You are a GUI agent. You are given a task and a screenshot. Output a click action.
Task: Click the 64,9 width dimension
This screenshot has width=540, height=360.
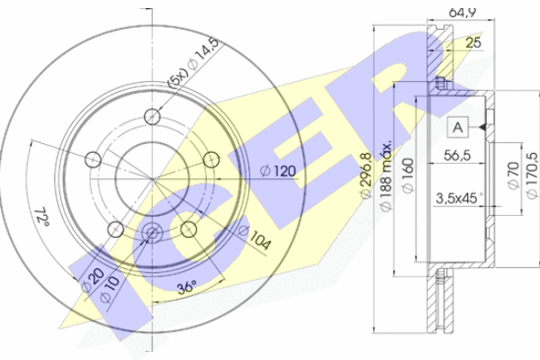(x=463, y=13)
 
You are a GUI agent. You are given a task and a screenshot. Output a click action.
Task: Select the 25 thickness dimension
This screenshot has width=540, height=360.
(x=473, y=42)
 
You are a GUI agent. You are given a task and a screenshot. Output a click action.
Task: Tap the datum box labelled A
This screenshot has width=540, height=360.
(x=458, y=128)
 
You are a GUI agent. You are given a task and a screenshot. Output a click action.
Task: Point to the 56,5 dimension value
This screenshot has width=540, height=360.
(x=457, y=156)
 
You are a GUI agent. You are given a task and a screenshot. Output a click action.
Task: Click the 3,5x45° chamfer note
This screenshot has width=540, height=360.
(x=459, y=198)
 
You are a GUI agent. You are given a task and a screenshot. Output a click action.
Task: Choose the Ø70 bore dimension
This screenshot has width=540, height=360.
(x=513, y=175)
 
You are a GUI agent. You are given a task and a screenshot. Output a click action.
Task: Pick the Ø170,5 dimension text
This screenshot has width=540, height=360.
(x=532, y=175)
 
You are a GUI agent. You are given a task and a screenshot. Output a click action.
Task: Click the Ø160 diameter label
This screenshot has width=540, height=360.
(x=408, y=175)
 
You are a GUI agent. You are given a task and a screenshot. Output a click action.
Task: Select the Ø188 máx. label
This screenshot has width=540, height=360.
(x=386, y=175)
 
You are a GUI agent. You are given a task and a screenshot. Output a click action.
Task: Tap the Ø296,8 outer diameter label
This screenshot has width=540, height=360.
(x=366, y=175)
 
